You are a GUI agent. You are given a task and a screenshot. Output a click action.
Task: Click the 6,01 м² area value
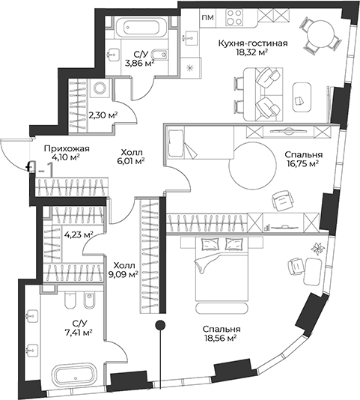click(130, 160)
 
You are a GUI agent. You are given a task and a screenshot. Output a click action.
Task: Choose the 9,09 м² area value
click(123, 274)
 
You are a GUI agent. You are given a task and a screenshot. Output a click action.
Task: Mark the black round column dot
click(159, 324)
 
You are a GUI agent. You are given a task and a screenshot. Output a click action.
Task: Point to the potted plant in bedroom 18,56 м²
click(316, 248)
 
